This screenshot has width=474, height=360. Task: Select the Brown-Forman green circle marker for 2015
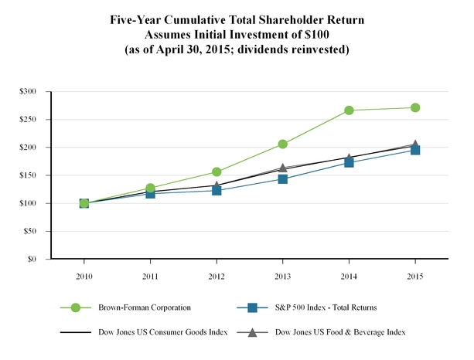point(415,107)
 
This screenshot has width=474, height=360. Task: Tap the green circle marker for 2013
point(283,144)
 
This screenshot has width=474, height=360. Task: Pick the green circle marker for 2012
point(217,172)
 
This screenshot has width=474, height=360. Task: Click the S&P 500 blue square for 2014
point(349,162)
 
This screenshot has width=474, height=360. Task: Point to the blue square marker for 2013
point(283,179)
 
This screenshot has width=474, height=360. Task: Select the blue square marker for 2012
point(217,190)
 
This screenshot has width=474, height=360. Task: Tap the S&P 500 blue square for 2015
point(415,150)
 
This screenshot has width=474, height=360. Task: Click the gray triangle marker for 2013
point(283,168)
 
